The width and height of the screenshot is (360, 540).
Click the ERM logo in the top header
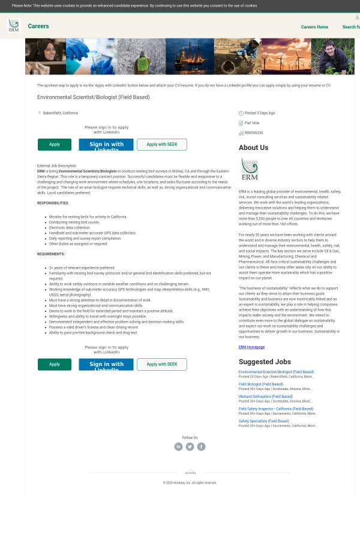click(x=13, y=26)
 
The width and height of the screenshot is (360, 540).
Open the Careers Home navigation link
click(x=314, y=27)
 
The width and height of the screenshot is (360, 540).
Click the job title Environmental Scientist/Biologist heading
click(x=93, y=97)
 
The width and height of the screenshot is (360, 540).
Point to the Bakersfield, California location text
click(x=60, y=113)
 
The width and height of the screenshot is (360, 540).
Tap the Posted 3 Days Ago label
click(x=259, y=113)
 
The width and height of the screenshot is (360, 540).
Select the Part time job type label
click(x=251, y=123)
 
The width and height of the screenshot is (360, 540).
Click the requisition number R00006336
click(x=254, y=133)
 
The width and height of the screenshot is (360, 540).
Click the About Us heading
click(x=253, y=148)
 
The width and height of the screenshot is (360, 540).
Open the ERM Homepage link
click(x=251, y=347)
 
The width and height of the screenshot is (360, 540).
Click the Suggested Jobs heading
click(x=265, y=362)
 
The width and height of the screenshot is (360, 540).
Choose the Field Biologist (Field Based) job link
click(x=260, y=384)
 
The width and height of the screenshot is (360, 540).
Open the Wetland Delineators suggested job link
click(x=265, y=397)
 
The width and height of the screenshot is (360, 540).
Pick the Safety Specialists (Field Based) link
click(x=263, y=421)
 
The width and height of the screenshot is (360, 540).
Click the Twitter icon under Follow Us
click(x=190, y=446)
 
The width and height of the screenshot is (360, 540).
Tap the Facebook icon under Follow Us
click(x=201, y=446)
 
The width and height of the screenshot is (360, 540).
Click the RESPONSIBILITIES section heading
click(x=53, y=203)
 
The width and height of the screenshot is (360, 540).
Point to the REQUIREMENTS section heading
click(x=51, y=254)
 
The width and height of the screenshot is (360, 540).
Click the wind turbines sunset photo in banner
click(x=286, y=56)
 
